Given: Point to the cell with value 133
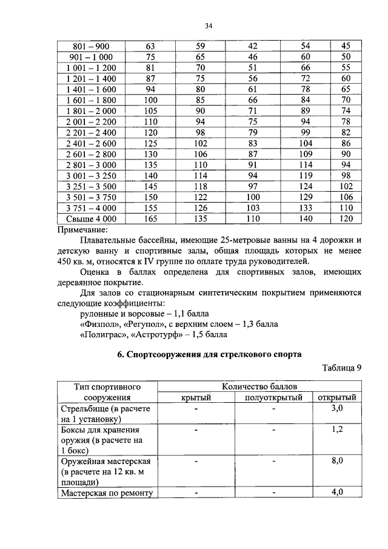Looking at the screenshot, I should [306, 207].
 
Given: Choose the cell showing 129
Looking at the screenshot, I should [306, 197].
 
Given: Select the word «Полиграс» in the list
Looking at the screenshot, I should [101, 334].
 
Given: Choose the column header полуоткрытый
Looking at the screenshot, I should [273, 397].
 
